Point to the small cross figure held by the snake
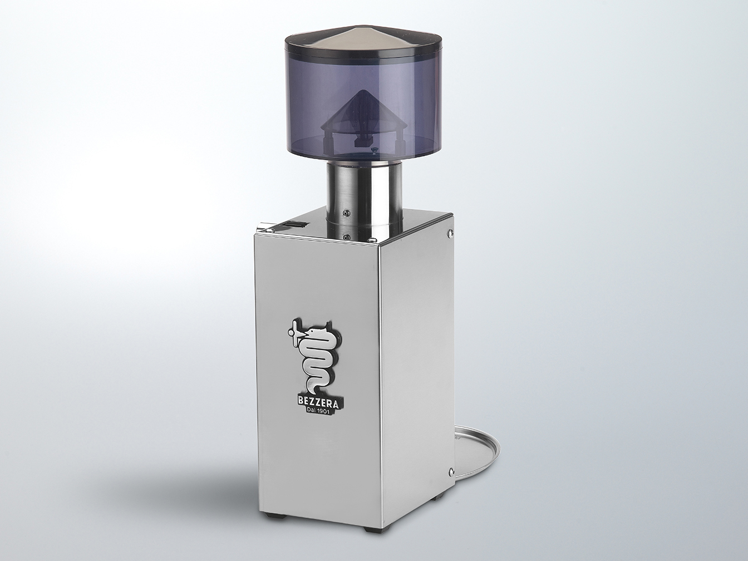pos(296,333)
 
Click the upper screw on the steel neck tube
pos(347,211)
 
